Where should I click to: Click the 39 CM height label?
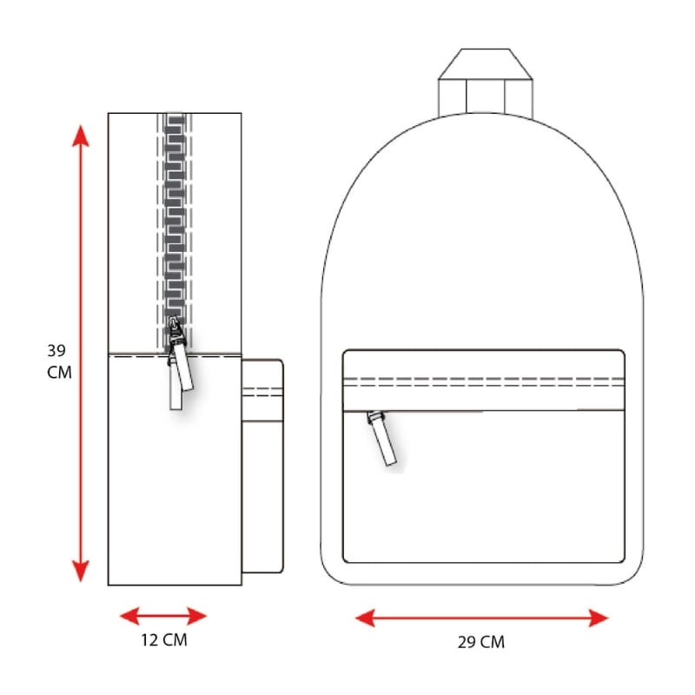point(59,361)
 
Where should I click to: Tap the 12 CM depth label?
point(164,640)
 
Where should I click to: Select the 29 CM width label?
point(481,642)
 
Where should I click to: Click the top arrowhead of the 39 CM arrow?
point(81,136)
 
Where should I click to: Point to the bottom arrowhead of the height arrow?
point(81,571)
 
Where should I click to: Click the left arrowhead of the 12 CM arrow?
point(129,616)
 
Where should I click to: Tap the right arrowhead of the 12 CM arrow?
point(197,616)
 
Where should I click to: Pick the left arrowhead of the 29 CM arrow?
point(365,618)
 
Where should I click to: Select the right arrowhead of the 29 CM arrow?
point(599,618)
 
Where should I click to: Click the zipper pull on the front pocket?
point(382,439)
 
